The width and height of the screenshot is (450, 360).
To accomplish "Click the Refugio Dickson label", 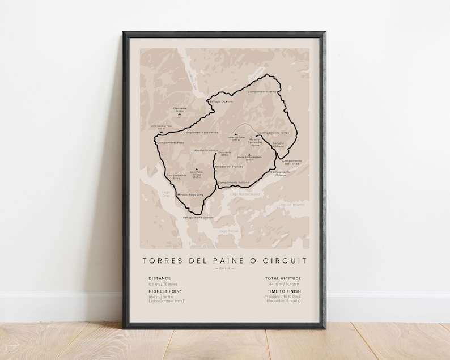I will pos(222,101).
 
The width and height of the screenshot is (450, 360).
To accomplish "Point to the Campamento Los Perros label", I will pos(201,132).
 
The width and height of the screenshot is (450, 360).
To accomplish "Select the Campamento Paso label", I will pos(171,142).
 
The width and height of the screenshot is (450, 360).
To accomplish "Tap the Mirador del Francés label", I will pos(230,167).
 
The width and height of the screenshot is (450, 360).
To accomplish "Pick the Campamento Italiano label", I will pos(234,182).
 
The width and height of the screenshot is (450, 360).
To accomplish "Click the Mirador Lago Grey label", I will pos(190,194).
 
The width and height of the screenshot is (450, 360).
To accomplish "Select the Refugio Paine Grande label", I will pos(198,217).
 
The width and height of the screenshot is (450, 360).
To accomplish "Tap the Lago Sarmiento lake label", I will pos(291,205).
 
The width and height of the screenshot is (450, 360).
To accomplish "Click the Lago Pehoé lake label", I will pos(230,231).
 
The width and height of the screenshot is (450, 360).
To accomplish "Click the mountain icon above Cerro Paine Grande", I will pos(197,170).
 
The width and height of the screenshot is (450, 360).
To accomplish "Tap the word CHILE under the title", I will pos(225,269).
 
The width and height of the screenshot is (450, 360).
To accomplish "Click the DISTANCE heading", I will pos(159,278).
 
